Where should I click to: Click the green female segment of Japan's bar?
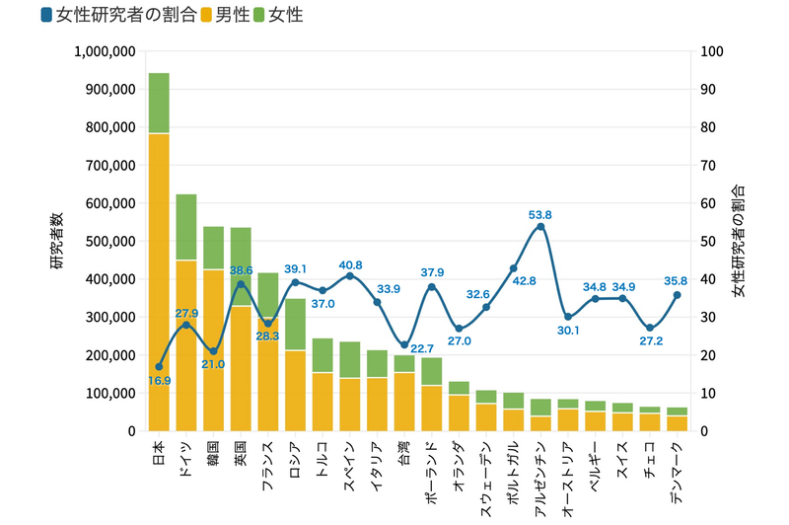159,103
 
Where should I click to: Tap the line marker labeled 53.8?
540,227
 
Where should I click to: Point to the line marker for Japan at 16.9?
159,367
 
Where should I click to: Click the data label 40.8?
350,264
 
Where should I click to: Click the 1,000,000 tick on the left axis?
102,51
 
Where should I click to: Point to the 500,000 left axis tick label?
108,241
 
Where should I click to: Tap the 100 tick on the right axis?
710,51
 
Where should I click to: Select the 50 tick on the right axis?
707,241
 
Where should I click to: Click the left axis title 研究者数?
57,241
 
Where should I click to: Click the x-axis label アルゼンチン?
538,472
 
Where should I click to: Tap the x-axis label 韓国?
213,452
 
